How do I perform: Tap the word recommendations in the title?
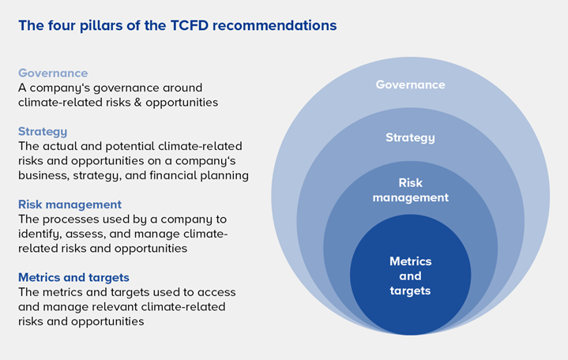click(282, 26)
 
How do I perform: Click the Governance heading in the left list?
click(53, 73)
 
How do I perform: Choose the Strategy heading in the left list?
click(43, 131)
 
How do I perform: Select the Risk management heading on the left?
click(70, 204)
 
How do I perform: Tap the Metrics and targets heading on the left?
click(73, 277)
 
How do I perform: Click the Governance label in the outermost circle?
click(410, 84)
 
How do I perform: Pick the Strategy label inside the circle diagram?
click(410, 137)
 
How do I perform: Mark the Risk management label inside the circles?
click(410, 189)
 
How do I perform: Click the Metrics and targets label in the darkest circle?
click(410, 276)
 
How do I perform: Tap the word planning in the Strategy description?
click(224, 174)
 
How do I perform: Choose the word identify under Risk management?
click(39, 234)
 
